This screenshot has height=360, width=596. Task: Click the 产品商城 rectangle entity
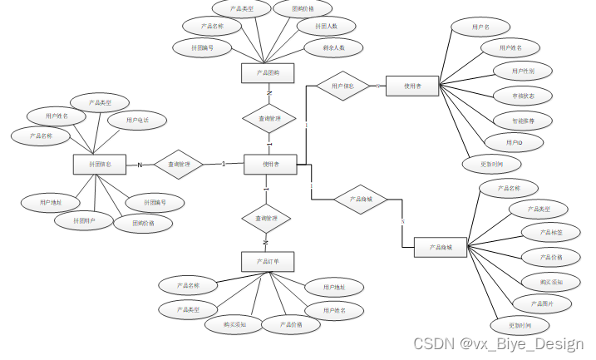(441, 247)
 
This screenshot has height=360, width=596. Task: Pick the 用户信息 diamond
(342, 86)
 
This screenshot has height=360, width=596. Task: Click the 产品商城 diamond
(361, 200)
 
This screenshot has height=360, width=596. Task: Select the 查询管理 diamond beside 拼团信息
(179, 165)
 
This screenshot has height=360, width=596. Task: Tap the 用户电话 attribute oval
(137, 121)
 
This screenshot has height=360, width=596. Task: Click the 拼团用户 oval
(84, 220)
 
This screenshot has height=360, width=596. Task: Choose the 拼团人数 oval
(326, 27)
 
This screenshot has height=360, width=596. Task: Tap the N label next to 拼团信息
(140, 165)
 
